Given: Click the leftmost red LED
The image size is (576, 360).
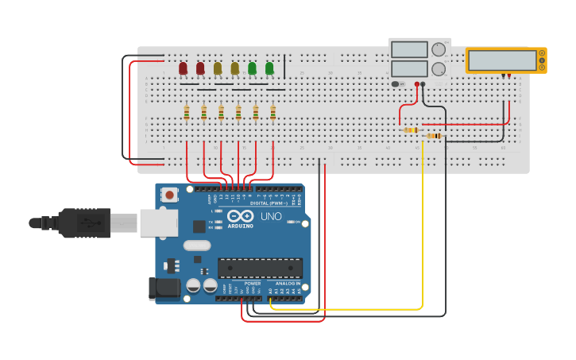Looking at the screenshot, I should point(183,68).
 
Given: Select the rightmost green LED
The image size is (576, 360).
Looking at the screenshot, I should point(269,68).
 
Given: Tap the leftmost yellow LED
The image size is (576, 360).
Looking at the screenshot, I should point(218,68).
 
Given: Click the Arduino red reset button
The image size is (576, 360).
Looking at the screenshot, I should point(169,194).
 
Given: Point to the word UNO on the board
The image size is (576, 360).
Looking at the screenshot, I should point(271,216).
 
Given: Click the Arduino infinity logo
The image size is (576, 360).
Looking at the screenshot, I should point(241,215).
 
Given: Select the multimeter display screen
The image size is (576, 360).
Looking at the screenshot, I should point(502,60).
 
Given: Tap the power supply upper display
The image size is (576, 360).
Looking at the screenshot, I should point(409,49).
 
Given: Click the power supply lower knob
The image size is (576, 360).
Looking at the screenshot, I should point(438,68).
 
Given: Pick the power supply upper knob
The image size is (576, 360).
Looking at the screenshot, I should point(438,49).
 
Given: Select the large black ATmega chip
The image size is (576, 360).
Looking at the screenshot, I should point(260,268).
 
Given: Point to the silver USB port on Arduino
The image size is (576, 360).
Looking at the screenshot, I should point(158,223).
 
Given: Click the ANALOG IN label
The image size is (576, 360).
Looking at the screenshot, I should point(288,283).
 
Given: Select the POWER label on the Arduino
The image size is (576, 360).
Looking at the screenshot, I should point(252,283).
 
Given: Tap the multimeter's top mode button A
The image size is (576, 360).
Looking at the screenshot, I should point(542,52).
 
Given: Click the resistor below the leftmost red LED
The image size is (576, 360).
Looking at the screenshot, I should point(187,113).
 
